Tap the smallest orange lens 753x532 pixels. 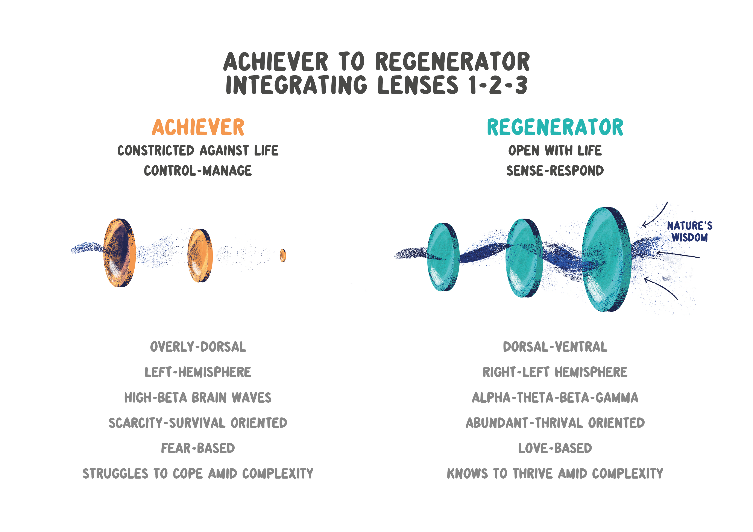(283, 255)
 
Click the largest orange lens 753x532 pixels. (119, 253)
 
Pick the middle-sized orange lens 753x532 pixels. (200, 255)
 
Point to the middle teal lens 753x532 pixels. (524, 258)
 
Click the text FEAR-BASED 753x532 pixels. (198, 448)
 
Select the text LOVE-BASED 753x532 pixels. (555, 448)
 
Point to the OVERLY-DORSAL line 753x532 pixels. (198, 347)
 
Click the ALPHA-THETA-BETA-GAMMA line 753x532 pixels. (555, 398)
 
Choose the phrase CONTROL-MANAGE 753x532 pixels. (198, 171)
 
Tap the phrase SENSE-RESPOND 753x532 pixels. (555, 171)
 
